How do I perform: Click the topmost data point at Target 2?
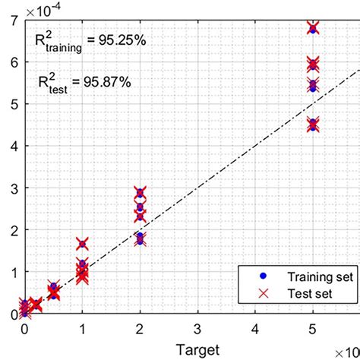pyautogui.click(x=140, y=193)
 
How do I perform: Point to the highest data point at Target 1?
pyautogui.click(x=82, y=244)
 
